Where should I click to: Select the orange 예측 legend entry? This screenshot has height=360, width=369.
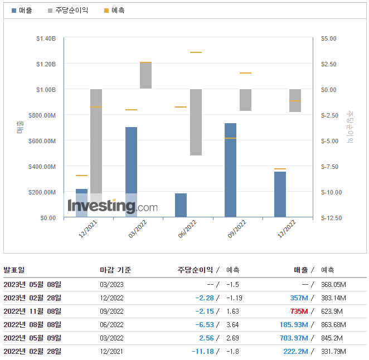pos(114,11)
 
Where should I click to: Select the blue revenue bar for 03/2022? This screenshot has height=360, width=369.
pos(131,167)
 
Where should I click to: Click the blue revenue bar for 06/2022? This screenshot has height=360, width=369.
pos(181,205)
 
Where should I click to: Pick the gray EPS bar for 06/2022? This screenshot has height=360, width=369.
pos(196,122)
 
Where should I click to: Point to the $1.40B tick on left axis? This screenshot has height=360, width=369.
pos(46,38)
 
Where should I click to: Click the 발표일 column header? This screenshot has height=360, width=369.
pos(14,270)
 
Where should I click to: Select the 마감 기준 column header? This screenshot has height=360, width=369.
pos(115,270)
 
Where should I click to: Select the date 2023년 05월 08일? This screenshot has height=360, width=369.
pos(32,284)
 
